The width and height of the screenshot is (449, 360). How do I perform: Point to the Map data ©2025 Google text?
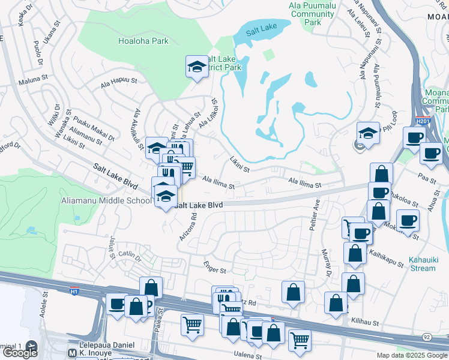(x=412, y=355)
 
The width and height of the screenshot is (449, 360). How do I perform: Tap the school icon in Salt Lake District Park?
(x=196, y=68)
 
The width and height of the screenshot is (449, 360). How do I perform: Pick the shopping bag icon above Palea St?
(x=151, y=287)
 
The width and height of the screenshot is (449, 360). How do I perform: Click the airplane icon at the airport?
(x=31, y=347)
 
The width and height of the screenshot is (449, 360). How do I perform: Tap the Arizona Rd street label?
(x=187, y=227)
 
